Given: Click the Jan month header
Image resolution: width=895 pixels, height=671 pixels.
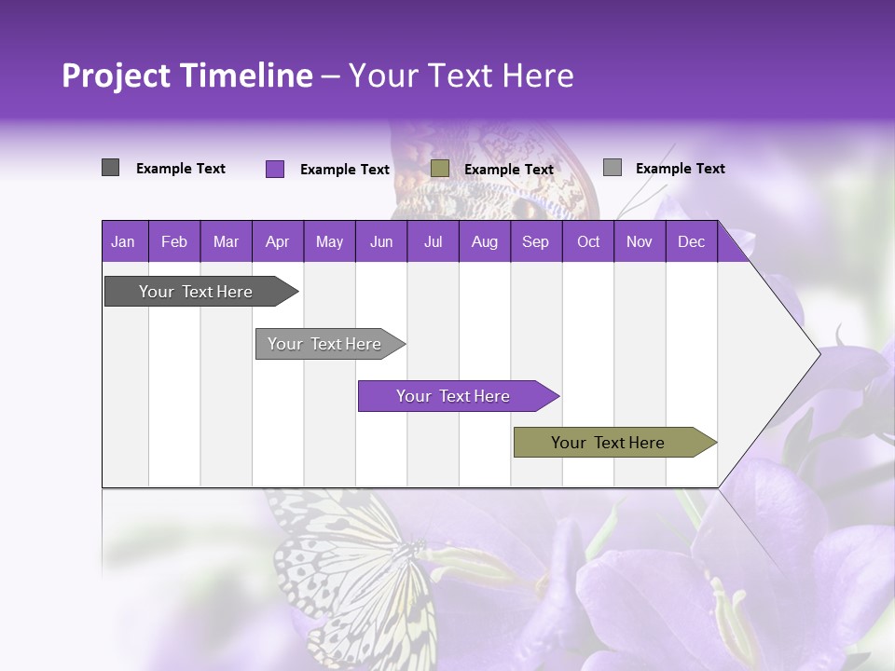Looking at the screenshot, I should click(123, 242).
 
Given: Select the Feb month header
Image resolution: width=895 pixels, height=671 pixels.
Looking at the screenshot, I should click(174, 242).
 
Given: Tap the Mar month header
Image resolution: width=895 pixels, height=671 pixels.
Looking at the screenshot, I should click(226, 242).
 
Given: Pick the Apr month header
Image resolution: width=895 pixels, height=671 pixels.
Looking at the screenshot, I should click(278, 242).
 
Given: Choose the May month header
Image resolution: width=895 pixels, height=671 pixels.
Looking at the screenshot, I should click(329, 242).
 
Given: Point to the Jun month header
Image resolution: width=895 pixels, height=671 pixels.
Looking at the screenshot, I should click(381, 242).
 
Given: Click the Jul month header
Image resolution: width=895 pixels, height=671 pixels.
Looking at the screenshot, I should click(433, 242).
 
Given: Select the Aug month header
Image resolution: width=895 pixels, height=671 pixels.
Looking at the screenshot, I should click(484, 242).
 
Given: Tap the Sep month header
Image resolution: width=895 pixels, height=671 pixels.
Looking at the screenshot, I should click(535, 242).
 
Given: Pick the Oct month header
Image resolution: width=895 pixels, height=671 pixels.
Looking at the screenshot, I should click(588, 242).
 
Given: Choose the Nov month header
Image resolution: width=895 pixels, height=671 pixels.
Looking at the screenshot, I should click(640, 242).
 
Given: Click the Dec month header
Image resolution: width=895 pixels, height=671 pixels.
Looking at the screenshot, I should click(691, 242).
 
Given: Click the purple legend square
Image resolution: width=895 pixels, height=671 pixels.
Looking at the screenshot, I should click(275, 169).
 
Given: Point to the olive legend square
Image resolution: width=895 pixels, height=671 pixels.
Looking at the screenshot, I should click(440, 169).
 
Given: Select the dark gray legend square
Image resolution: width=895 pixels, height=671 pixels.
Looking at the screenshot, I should click(111, 168).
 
